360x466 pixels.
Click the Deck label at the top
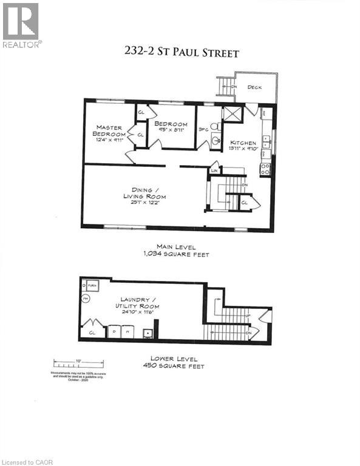coord(255,87)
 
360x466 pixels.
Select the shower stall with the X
coord(232,113)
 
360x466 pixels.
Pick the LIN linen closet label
coord(214,172)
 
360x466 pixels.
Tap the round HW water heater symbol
coord(86,299)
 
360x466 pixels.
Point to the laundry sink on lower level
coord(148,333)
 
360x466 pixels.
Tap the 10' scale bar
coord(78,364)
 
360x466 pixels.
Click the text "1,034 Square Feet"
coord(182,255)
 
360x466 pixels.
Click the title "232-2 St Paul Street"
coord(180,53)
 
